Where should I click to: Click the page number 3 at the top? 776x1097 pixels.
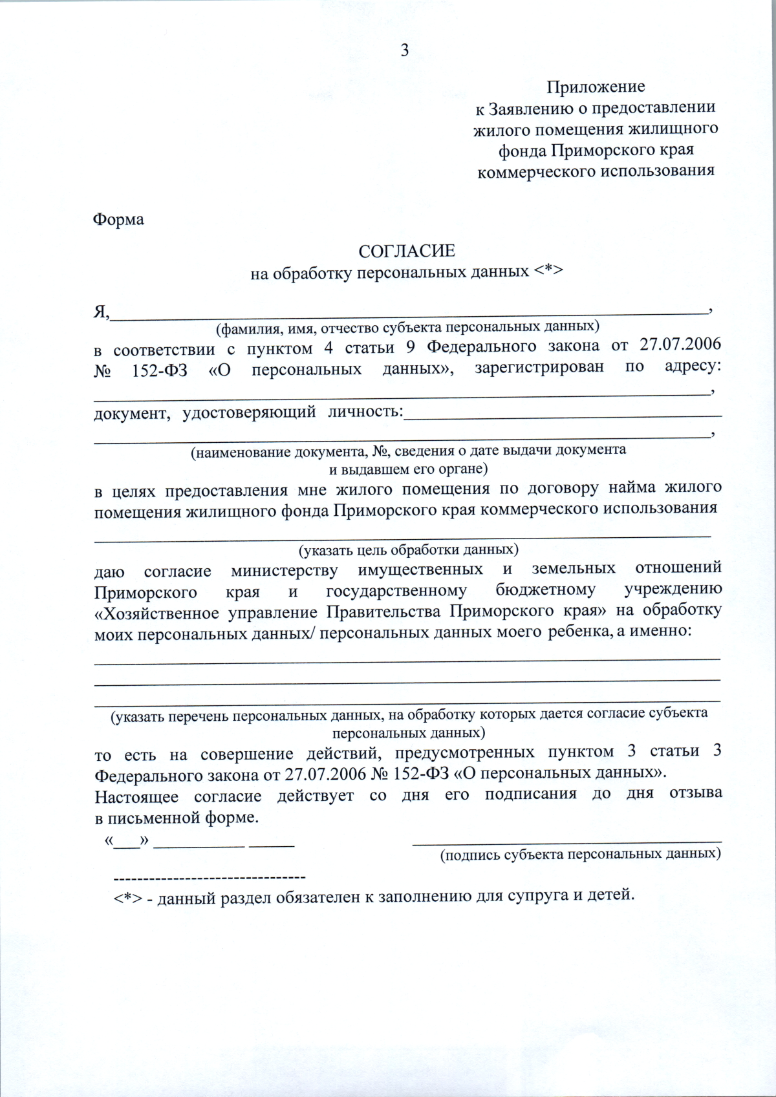(405, 50)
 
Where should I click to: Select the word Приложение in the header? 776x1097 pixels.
(596, 87)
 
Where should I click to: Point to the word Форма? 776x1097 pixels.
(118, 220)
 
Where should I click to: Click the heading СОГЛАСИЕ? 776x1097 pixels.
(407, 251)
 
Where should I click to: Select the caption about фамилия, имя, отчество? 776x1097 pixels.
(407, 327)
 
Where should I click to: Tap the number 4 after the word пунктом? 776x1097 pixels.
(329, 348)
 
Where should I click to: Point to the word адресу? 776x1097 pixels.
(693, 366)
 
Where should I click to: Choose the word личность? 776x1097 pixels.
(365, 412)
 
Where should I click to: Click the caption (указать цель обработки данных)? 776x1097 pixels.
(408, 550)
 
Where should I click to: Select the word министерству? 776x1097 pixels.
(284, 571)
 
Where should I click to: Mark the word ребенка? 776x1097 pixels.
(579, 632)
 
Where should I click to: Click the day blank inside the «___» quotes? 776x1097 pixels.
(127, 843)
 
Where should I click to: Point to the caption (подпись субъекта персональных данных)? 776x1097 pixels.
(580, 855)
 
